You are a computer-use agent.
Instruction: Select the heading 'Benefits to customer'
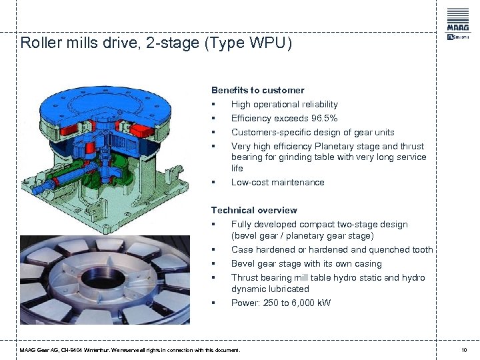(x=257, y=90)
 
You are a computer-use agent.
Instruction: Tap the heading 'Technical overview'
(x=254, y=210)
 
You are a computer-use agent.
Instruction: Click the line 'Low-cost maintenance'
(x=277, y=182)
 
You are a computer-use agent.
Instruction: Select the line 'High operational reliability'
(x=284, y=104)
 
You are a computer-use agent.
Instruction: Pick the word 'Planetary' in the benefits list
(x=330, y=146)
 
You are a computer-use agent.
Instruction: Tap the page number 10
(x=464, y=350)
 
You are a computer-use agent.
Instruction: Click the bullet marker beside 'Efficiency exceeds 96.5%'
(x=213, y=119)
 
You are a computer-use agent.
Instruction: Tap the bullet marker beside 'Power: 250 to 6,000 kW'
(x=213, y=303)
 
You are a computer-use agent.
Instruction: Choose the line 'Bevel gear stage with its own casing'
(x=306, y=263)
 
